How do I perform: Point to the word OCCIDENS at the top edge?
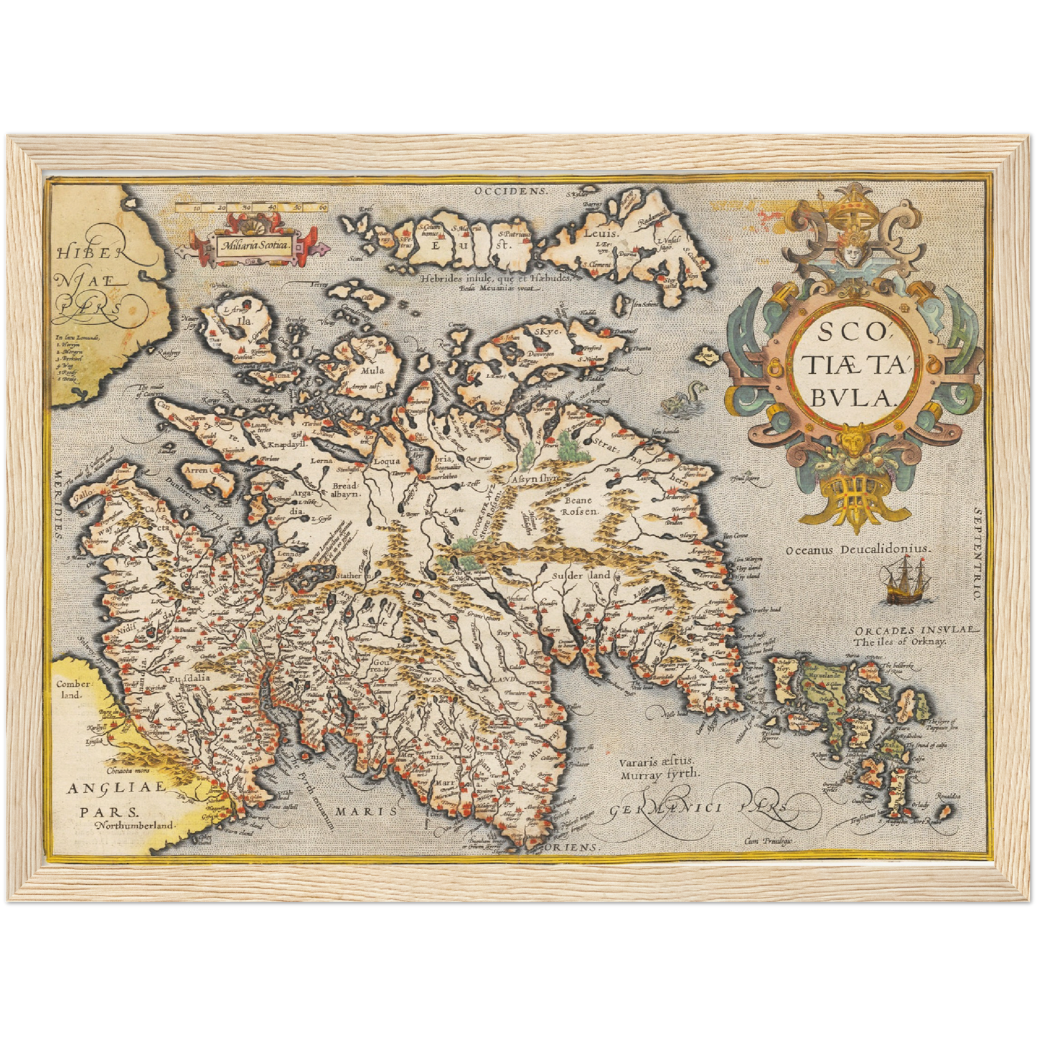click(510, 192)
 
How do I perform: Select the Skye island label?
click(548, 332)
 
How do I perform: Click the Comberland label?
click(72, 690)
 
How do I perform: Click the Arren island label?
click(196, 471)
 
